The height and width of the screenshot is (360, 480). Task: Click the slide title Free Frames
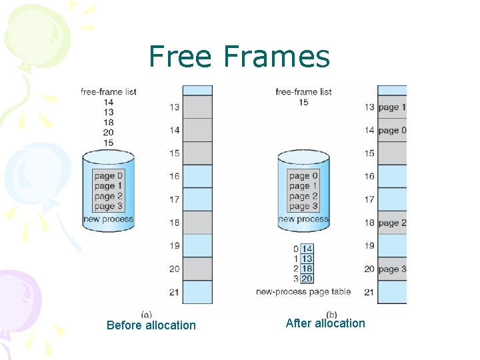pos(239,57)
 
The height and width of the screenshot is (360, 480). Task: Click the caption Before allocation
pos(151,325)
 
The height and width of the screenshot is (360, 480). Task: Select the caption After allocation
pos(325,323)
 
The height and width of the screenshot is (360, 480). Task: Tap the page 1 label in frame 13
pos(391,107)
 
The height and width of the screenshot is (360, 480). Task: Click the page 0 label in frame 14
pos(391,131)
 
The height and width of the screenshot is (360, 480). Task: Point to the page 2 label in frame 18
pos(391,223)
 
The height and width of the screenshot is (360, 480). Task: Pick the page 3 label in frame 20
pos(391,269)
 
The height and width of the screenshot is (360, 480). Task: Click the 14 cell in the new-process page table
pos(307,249)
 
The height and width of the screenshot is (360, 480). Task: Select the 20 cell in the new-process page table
pos(307,279)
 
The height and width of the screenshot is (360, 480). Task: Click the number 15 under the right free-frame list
pos(303,103)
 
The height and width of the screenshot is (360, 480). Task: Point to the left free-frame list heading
pos(108,91)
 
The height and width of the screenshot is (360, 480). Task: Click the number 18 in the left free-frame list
pos(108,123)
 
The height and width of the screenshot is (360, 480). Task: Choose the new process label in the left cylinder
pos(108,219)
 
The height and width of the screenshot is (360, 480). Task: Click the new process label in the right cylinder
pos(303,219)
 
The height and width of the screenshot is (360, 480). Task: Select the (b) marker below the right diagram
pos(331,314)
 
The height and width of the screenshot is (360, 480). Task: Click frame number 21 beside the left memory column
pos(174,292)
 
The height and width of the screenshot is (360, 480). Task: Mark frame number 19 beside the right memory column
pos(369,246)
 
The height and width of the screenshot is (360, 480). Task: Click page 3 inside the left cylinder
pos(108,207)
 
